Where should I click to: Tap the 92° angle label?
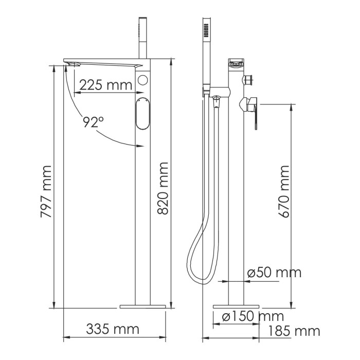point(94,122)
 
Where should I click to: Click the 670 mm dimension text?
point(283,190)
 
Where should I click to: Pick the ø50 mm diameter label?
point(274,273)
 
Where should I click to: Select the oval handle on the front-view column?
point(142,114)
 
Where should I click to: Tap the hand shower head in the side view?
point(206,36)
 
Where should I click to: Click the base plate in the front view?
point(144,307)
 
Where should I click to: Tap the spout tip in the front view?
point(70,63)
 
